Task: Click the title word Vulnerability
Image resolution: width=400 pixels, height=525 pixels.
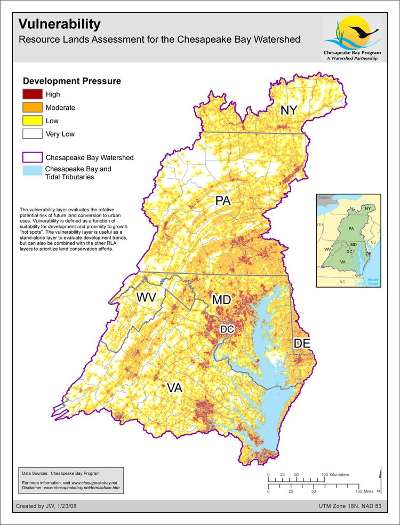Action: point(59,24)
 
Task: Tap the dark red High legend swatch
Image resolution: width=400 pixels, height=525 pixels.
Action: point(32,94)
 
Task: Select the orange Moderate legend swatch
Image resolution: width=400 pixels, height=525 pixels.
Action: point(32,107)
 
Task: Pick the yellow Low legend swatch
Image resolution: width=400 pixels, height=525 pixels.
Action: point(32,121)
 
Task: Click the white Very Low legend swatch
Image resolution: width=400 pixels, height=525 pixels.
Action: point(32,134)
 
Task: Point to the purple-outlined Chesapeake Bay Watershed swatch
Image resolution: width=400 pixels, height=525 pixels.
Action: point(32,157)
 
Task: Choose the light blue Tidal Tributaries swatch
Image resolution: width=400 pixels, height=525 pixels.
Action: point(32,171)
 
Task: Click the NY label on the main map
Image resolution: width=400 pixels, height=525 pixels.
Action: point(289,110)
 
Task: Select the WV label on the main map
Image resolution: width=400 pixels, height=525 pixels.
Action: point(146,297)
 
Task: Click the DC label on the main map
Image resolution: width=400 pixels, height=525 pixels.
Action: point(227,330)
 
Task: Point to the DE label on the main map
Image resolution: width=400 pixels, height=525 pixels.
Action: point(302,344)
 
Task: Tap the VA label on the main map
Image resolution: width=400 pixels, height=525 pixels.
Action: point(174,388)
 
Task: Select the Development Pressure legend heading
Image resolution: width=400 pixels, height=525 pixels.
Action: point(71,81)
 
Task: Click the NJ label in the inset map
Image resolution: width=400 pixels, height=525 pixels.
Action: point(373,243)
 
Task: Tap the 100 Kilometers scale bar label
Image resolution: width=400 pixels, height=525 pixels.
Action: point(335,474)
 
